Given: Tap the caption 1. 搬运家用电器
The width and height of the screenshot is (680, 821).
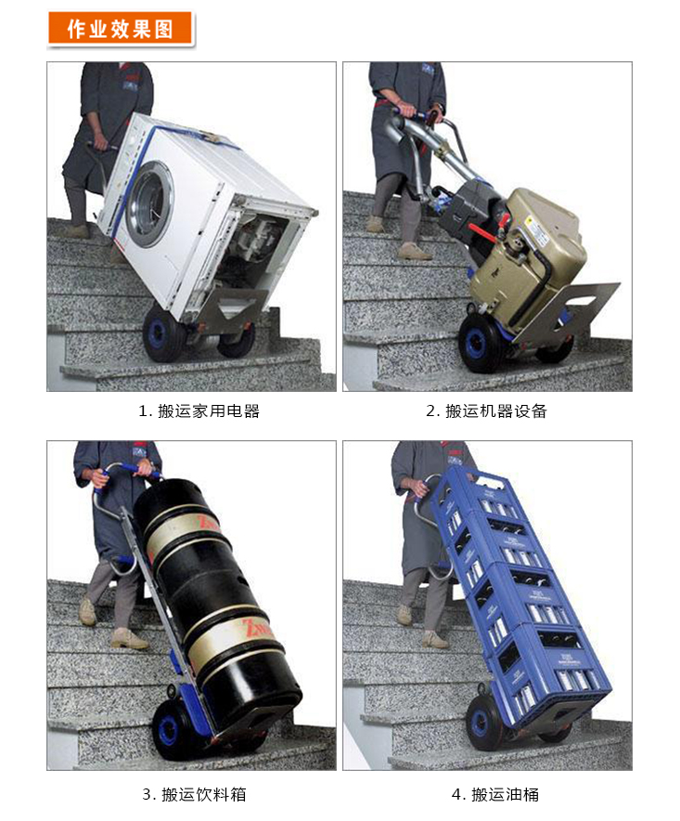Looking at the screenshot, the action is click(x=199, y=411).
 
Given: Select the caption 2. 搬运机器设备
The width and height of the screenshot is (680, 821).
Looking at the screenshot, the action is click(x=486, y=411).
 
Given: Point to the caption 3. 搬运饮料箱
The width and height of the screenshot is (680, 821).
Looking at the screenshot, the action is click(x=194, y=794).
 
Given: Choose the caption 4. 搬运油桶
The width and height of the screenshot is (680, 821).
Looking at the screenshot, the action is click(x=494, y=794).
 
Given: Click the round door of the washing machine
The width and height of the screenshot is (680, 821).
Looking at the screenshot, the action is click(x=150, y=204).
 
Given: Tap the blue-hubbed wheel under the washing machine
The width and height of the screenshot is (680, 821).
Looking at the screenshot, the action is click(x=162, y=334).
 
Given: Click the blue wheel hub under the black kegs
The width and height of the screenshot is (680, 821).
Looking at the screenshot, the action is click(x=169, y=728).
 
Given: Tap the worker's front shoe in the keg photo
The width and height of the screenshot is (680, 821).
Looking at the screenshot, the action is click(x=129, y=640).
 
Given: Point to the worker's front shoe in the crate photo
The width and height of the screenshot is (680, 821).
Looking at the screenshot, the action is click(x=435, y=640).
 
